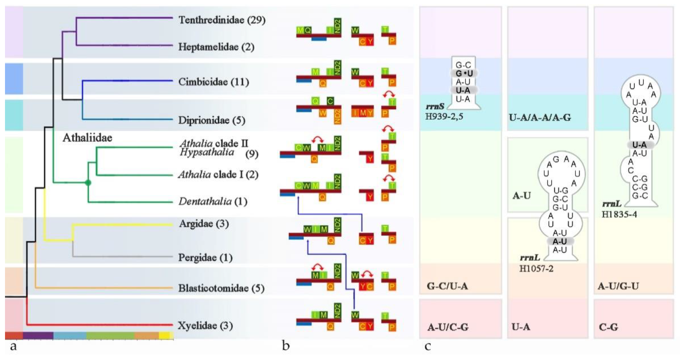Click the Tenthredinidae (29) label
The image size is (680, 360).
click(222, 20)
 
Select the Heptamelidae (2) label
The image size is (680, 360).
click(216, 47)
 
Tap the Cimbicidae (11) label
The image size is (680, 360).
click(213, 82)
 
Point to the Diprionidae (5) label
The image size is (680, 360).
click(212, 120)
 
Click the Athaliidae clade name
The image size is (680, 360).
click(87, 138)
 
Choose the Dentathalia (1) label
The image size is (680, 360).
click(213, 202)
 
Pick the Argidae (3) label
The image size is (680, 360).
click(204, 224)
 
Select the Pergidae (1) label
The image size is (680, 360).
click(205, 257)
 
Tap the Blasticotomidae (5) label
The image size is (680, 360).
click(221, 288)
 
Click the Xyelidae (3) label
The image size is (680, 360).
click(205, 325)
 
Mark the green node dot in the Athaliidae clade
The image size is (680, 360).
click(88, 182)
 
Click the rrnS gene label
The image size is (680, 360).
click(435, 107)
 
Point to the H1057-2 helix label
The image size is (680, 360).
click(536, 269)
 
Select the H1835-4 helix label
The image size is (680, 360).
click(619, 215)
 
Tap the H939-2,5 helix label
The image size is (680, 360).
click(444, 117)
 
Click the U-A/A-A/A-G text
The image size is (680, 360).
click(540, 118)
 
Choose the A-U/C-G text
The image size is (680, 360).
click(448, 327)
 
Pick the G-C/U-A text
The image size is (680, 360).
click(447, 286)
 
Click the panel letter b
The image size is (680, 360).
click(286, 345)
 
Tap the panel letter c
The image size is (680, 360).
click(428, 346)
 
